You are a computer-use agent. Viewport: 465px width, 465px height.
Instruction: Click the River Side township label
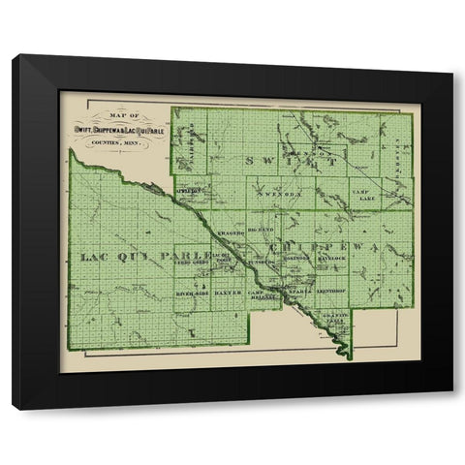coord(192,291)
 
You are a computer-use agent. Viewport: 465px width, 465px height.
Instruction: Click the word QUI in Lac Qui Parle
coord(142,256)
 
